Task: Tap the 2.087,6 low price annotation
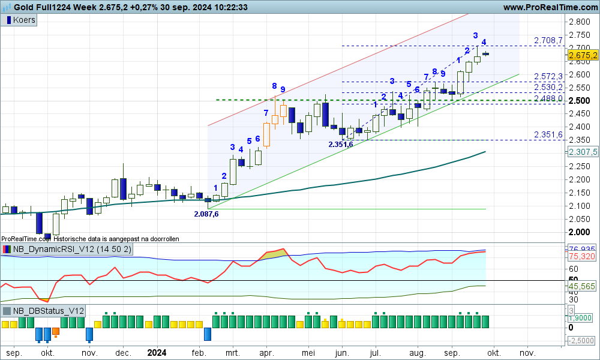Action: click(206, 214)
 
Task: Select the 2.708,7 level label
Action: click(548, 40)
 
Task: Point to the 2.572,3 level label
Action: click(548, 76)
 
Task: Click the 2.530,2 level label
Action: click(548, 87)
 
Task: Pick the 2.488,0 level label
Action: click(548, 98)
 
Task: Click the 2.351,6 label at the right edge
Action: click(548, 134)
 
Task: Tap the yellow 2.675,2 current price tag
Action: click(583, 55)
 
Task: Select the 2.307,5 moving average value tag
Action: click(583, 152)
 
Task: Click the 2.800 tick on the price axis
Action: click(578, 22)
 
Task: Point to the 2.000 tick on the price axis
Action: click(578, 232)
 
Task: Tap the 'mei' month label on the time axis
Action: click(308, 353)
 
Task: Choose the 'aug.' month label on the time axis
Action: click(417, 353)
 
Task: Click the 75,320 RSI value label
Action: click(583, 256)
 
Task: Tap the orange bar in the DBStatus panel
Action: click(56, 331)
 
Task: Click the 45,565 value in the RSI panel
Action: click(583, 287)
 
